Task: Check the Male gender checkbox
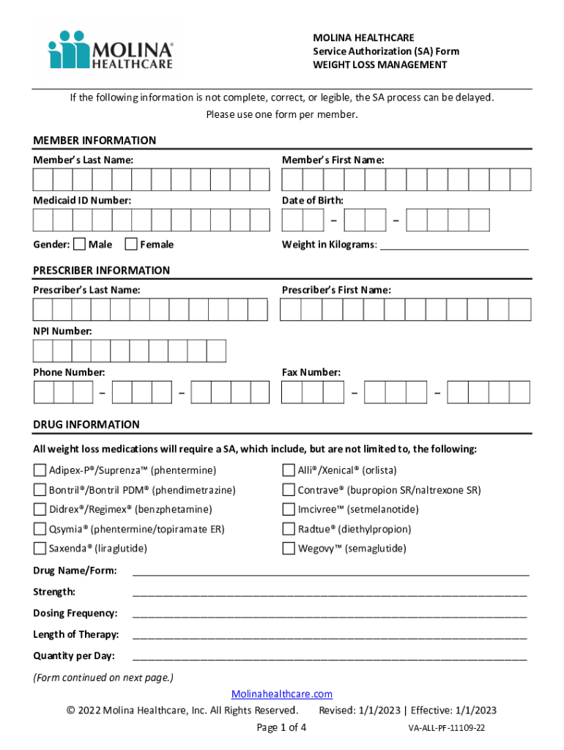(80, 244)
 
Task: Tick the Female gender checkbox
(131, 244)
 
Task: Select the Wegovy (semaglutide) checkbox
(289, 549)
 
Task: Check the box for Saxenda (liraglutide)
(40, 549)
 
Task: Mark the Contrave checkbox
(289, 490)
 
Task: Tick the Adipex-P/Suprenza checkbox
(40, 470)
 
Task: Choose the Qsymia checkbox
(40, 529)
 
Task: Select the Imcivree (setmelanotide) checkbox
(289, 509)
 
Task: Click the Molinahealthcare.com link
(282, 694)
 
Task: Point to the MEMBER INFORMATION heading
(94, 141)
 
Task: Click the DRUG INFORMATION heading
(86, 425)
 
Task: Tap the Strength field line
(330, 593)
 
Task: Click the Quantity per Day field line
(330, 657)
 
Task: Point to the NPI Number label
(62, 332)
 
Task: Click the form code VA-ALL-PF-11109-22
(447, 729)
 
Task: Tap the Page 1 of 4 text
(281, 727)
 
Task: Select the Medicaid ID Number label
(82, 200)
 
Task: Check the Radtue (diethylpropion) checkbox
(289, 529)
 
